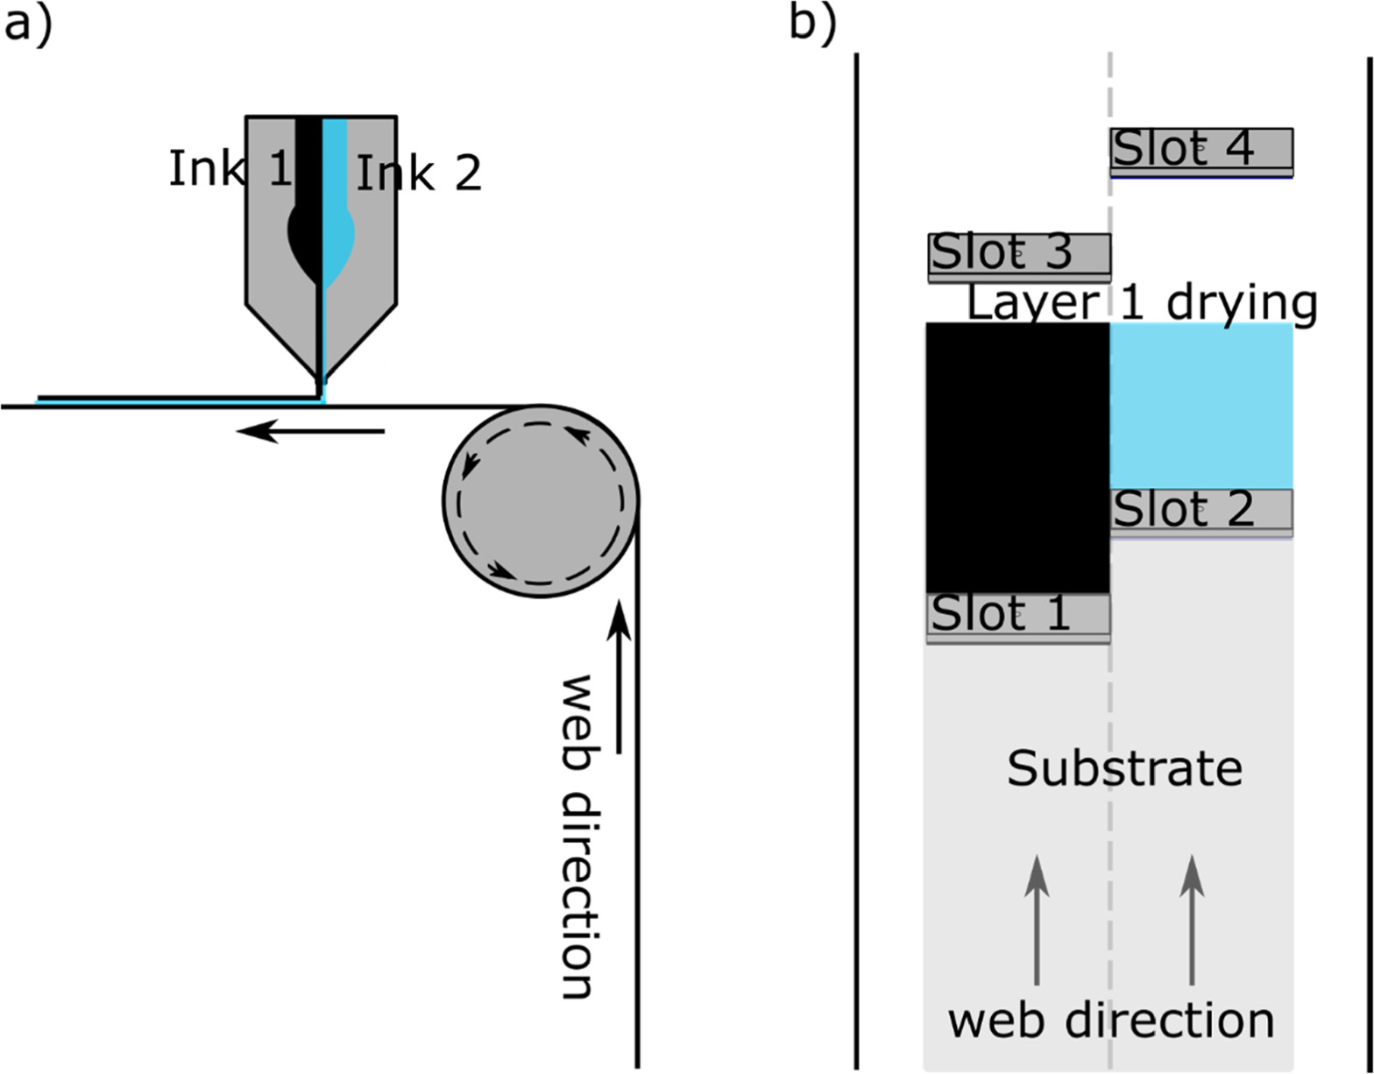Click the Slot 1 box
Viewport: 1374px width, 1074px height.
point(1018,618)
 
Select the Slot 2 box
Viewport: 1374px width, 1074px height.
point(1201,512)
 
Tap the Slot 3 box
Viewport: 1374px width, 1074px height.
point(1019,258)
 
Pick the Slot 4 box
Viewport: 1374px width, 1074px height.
point(1201,152)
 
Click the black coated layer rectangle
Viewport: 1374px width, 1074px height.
point(1018,457)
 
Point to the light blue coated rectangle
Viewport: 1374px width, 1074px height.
point(1201,406)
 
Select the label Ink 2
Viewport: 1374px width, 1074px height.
point(419,173)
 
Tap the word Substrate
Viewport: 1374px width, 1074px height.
point(1125,768)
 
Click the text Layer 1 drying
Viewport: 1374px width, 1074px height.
point(1143,304)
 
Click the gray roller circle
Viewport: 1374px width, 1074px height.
point(541,501)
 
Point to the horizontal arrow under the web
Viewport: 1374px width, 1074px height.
point(310,432)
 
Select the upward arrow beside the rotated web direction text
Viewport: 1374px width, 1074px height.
point(619,677)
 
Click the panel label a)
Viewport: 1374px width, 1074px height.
point(27,26)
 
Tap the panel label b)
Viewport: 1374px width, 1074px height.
point(813,26)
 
